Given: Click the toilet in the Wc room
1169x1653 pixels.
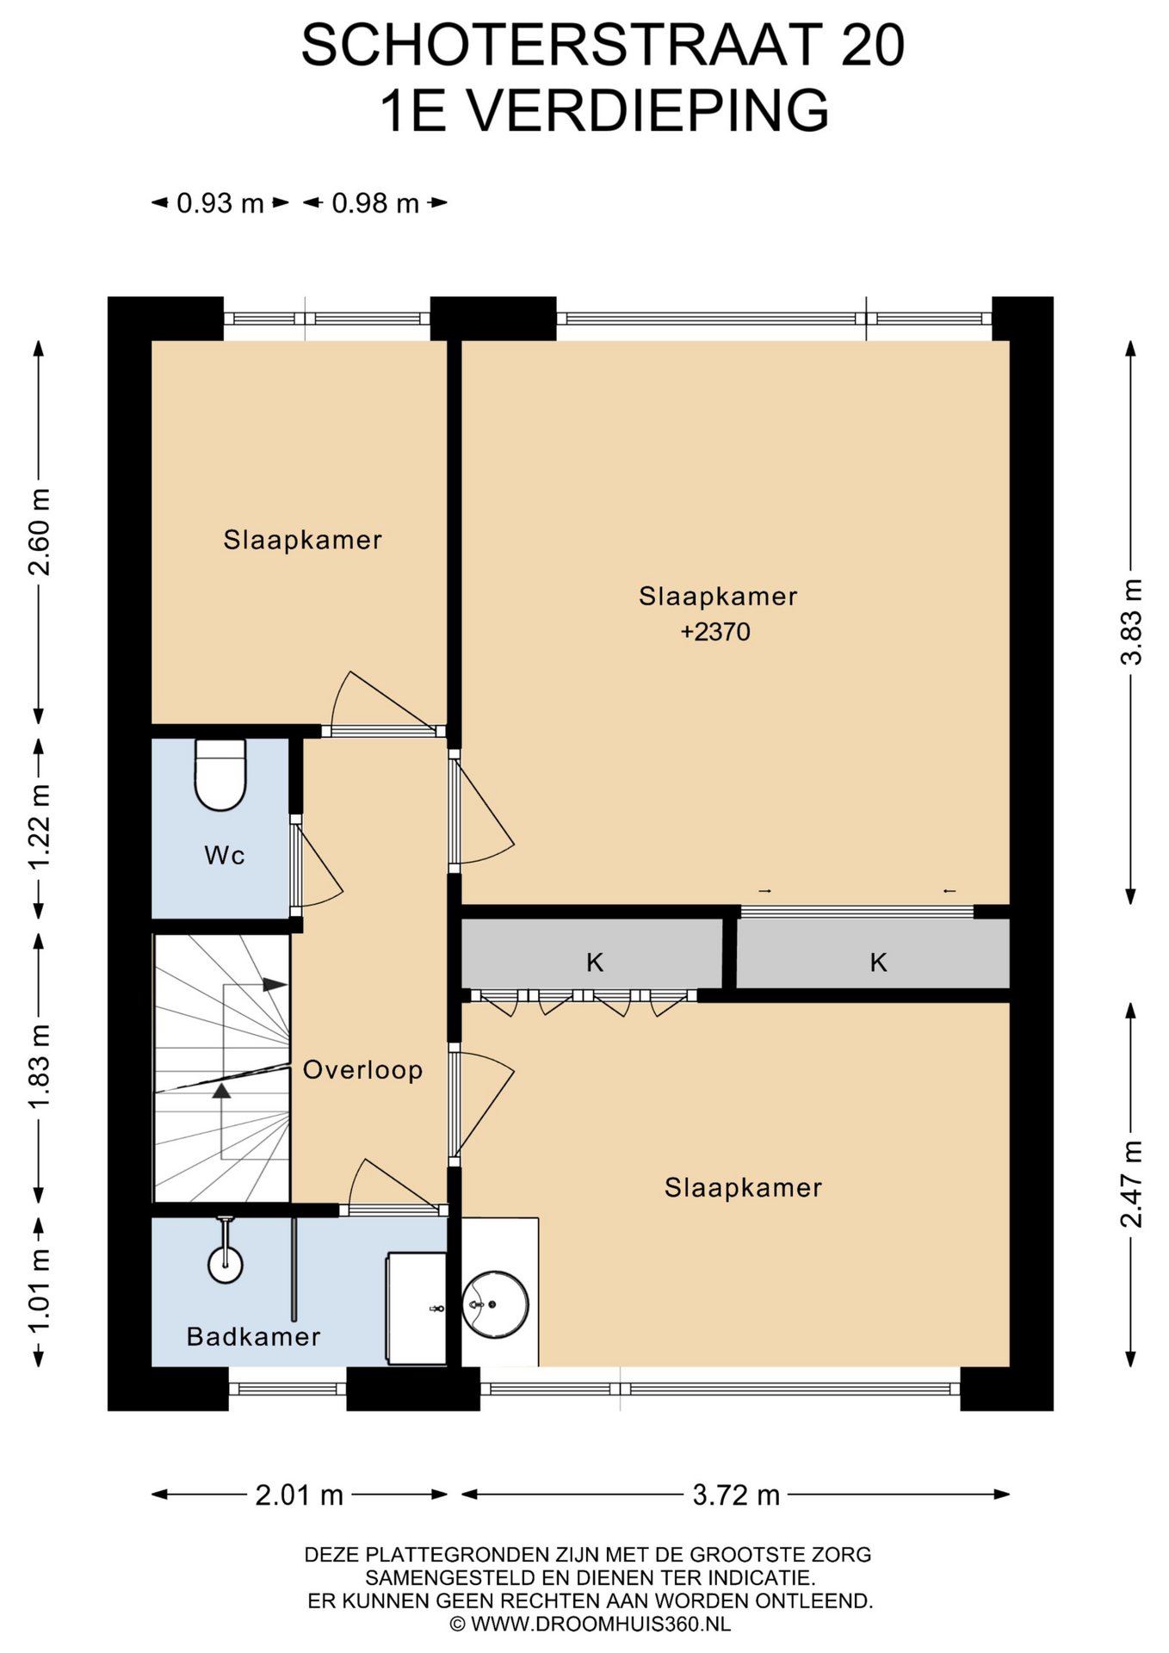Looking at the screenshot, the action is [220, 775].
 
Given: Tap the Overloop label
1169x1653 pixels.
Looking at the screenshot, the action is [362, 1070].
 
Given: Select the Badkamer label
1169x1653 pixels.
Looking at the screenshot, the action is [253, 1336].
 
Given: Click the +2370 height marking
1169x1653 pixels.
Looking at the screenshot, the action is [715, 632].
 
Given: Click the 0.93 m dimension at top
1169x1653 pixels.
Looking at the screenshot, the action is [220, 203].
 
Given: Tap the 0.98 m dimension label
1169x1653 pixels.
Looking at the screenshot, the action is [375, 203].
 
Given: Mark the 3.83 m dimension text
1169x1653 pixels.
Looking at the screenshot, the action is [1131, 622].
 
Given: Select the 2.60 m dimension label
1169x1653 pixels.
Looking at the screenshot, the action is [39, 531].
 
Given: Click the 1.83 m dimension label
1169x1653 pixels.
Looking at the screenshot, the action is [39, 1067].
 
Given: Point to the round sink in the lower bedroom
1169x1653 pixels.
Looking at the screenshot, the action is [495, 1304].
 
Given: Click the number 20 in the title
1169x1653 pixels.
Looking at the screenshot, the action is [872, 46].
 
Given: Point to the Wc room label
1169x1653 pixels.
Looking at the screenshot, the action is [225, 855].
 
